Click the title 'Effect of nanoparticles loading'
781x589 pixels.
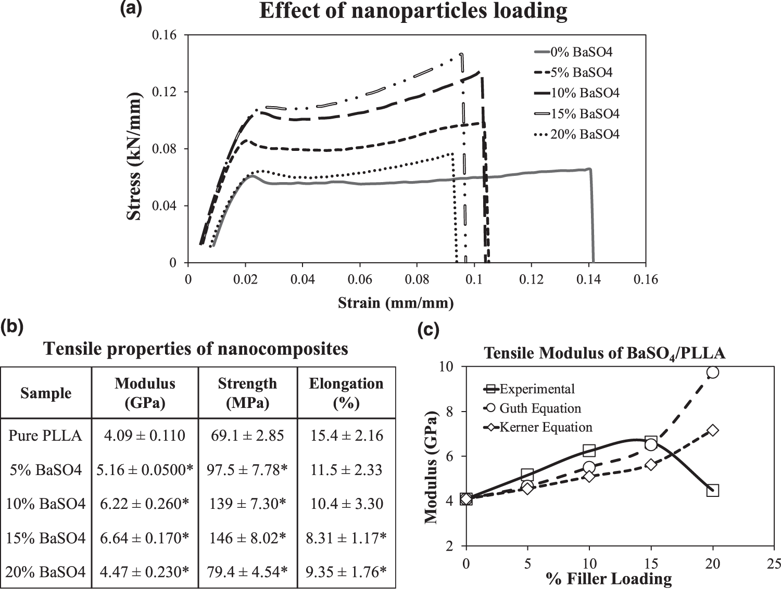tap(413, 11)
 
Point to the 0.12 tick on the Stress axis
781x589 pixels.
tap(164, 92)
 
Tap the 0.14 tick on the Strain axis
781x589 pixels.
tap(588, 280)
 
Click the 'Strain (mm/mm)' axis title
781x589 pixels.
tap(396, 303)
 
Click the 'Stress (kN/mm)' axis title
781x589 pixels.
tap(134, 156)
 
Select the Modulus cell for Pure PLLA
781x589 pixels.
tap(145, 436)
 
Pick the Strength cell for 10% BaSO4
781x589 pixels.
tap(247, 504)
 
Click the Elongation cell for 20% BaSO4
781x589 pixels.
tap(346, 572)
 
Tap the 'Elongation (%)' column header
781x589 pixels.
tap(346, 393)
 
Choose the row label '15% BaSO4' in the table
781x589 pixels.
tap(46, 538)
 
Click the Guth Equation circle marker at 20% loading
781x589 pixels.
tap(713, 372)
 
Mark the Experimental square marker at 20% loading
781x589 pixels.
tap(713, 490)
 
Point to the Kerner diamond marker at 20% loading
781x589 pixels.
tap(713, 430)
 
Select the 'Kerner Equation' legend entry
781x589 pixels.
tap(546, 428)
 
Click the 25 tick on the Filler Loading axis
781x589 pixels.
tap(774, 564)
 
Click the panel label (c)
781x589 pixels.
tap(429, 330)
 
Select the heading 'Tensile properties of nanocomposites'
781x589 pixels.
tap(196, 348)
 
